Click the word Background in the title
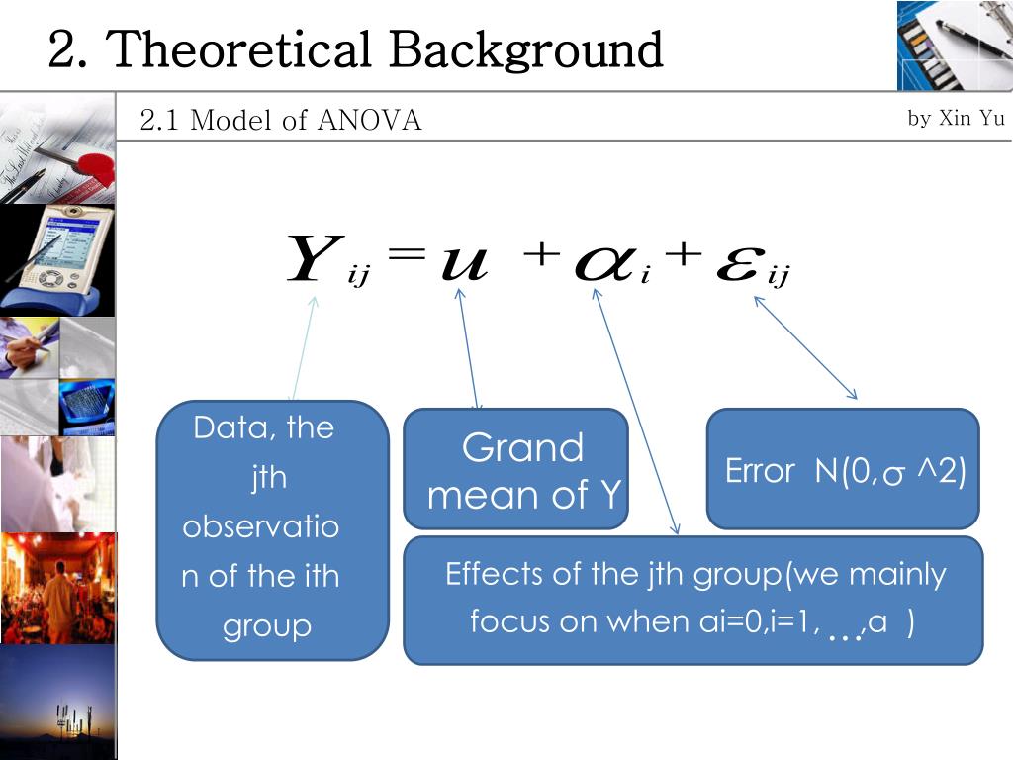point(525,49)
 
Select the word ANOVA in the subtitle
point(370,121)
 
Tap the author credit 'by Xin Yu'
point(956,119)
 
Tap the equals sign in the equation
point(407,255)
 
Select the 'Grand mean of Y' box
point(515,469)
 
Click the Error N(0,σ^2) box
point(843,469)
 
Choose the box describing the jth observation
point(272,529)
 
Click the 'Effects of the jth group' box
point(692,600)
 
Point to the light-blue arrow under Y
point(304,346)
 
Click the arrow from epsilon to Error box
point(805,346)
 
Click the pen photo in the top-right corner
point(955,45)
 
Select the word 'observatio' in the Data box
point(260,526)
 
